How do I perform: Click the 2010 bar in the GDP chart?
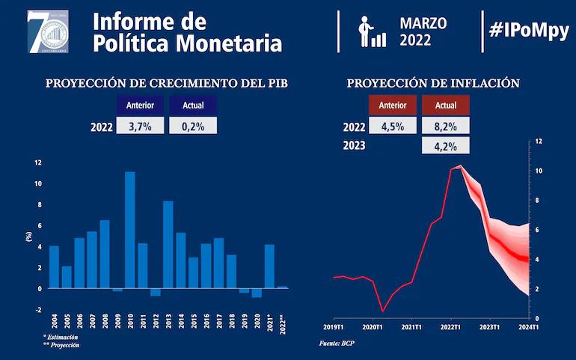click(x=130, y=230)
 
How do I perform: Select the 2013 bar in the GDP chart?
click(x=168, y=245)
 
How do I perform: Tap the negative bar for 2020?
click(x=257, y=293)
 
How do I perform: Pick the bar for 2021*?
click(x=269, y=266)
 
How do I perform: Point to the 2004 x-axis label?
click(x=53, y=320)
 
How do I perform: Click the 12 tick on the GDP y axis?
click(x=38, y=162)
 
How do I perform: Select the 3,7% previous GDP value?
click(x=140, y=126)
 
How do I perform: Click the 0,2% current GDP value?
click(x=193, y=126)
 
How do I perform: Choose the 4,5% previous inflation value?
click(x=392, y=126)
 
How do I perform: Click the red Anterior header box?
click(x=392, y=106)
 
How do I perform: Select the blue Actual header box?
click(x=193, y=106)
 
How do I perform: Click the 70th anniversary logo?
click(x=48, y=31)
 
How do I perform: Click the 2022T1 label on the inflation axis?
click(x=450, y=326)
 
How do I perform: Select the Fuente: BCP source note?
click(x=338, y=343)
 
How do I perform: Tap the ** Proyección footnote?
click(x=61, y=345)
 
